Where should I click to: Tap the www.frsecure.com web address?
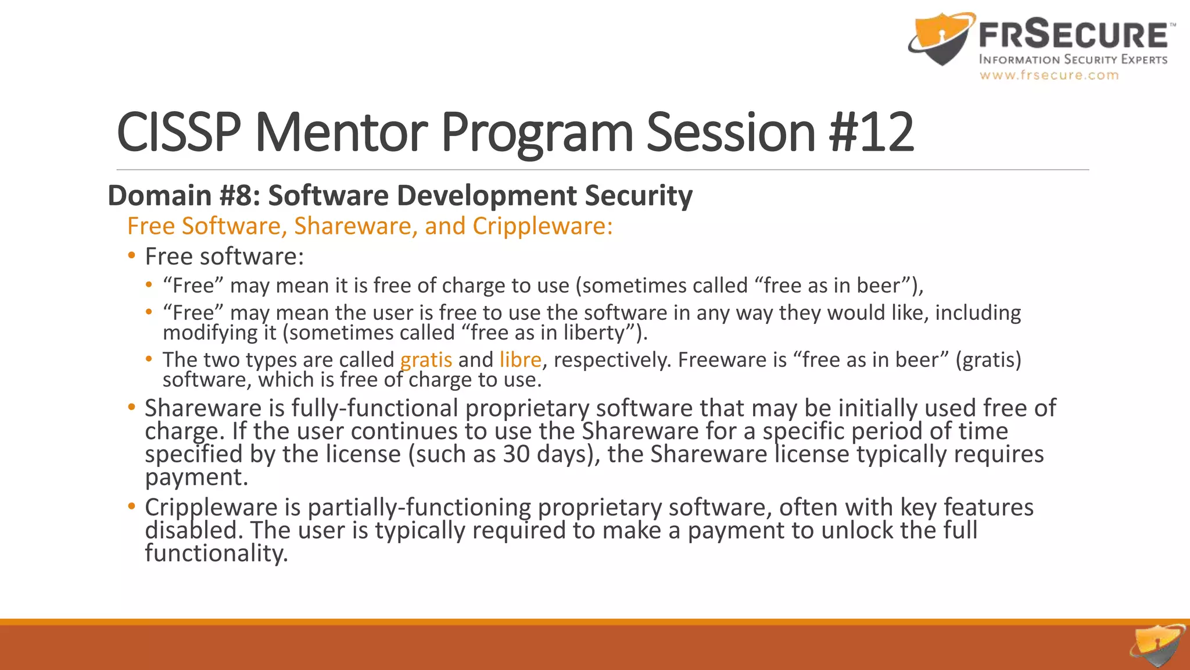point(1049,75)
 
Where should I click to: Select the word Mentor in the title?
point(341,133)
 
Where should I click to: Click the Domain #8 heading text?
point(400,195)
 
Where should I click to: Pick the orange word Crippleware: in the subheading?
point(543,226)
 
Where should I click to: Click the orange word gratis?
point(426,360)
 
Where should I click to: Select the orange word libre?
point(520,360)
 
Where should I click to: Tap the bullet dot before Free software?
point(132,256)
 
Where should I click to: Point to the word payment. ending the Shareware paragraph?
point(196,478)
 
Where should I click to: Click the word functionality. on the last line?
point(216,553)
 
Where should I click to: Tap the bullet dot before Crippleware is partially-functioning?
point(132,507)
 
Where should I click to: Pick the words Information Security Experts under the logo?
point(1073,60)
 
